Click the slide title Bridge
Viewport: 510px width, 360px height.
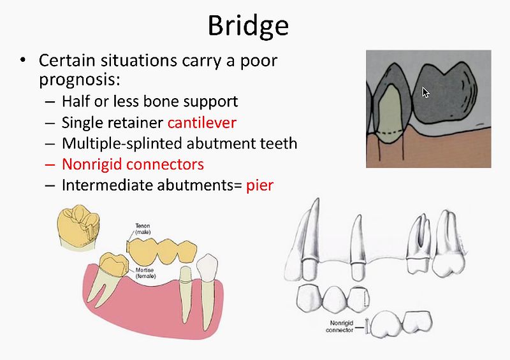coord(248,25)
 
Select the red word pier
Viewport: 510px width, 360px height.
coord(260,185)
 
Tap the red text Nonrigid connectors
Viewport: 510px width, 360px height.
coord(133,164)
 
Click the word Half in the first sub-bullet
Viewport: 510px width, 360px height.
coord(76,101)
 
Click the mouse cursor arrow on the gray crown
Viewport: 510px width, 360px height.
coord(426,92)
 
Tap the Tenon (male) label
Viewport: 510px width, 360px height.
coord(143,228)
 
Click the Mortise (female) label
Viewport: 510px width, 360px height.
coord(144,273)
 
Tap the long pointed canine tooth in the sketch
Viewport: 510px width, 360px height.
coord(309,236)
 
